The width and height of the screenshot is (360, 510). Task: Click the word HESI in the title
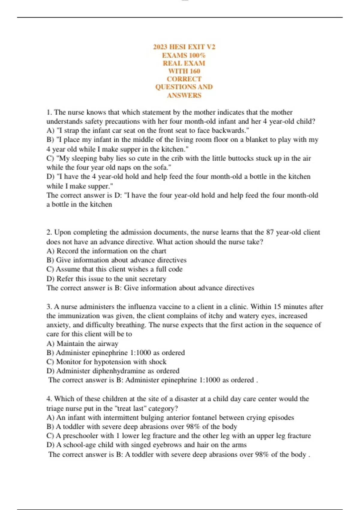pos(179,47)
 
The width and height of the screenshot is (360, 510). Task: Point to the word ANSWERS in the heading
pos(184,95)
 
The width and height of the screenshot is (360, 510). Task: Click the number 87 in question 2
pos(270,232)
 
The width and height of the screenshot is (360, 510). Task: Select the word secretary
pos(153,279)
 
